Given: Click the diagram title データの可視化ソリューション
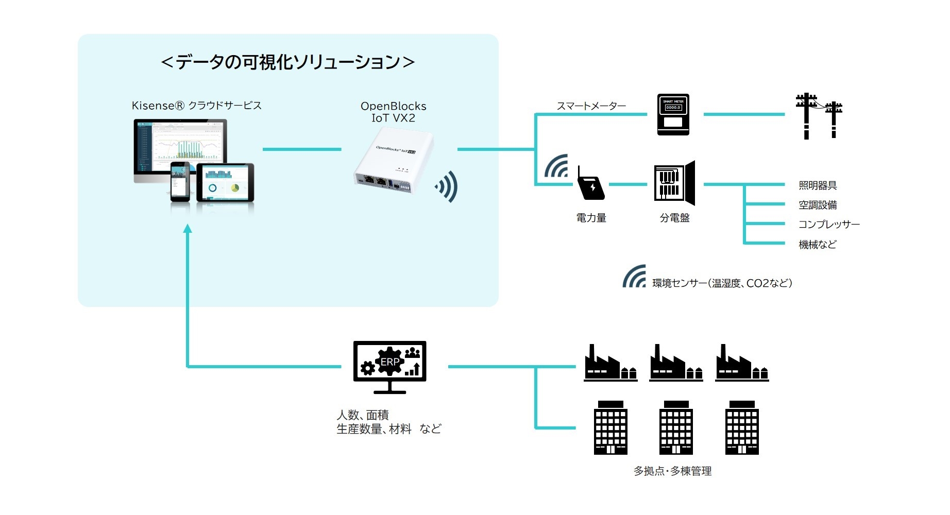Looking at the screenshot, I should point(287,62).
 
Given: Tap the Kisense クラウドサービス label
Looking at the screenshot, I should point(196,106).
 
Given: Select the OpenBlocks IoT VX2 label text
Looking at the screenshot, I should point(393,112).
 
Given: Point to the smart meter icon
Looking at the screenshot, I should point(673,114).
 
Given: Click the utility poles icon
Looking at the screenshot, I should point(819,116).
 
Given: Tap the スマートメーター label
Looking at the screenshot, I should point(591,106).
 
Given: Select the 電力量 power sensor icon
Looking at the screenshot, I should point(590,183).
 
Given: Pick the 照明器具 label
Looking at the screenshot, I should point(818,185).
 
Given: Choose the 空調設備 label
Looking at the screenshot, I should point(818,205).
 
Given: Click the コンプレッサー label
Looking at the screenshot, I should point(828,225).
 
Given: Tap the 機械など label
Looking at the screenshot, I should point(818,245).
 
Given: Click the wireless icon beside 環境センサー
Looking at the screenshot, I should point(635,277).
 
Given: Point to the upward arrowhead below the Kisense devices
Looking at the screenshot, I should point(188,229).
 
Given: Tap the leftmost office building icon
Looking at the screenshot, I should point(610,428).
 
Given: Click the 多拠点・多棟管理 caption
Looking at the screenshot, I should point(672,471).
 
